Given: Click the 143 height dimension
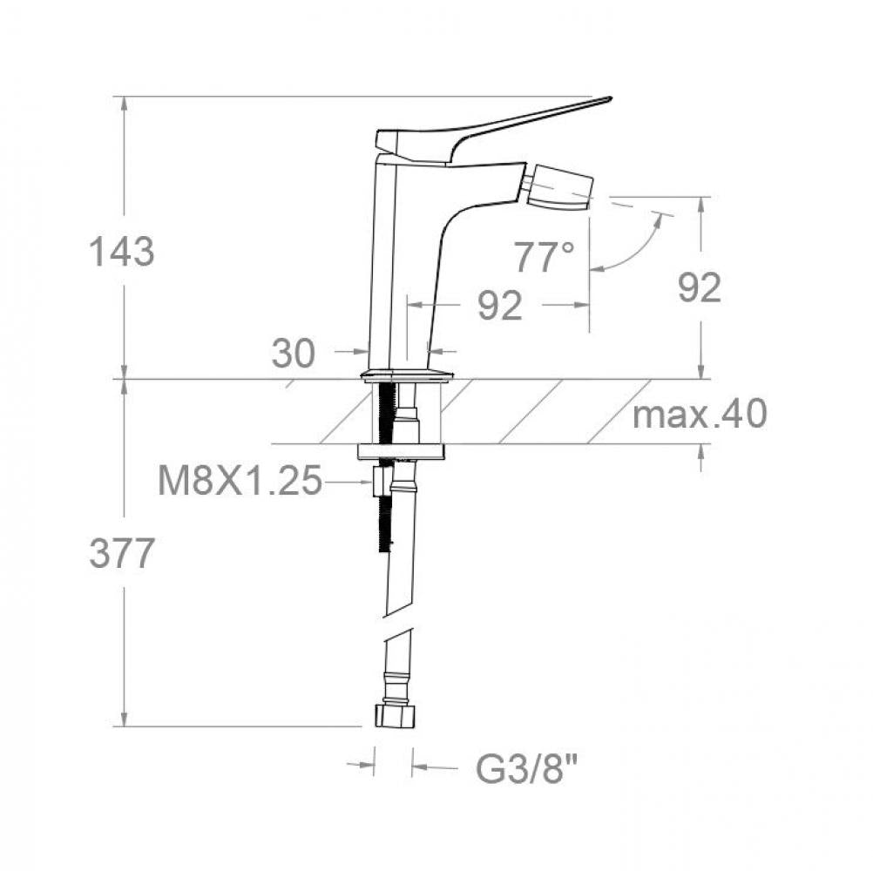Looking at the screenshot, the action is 121,252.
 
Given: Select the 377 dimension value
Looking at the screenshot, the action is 121,554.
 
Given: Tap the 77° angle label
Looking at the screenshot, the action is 544,257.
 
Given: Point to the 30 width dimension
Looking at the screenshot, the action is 294,353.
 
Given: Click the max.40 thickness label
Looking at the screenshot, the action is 700,414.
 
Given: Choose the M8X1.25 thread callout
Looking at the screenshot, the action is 240,480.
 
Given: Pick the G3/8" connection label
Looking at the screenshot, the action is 527,768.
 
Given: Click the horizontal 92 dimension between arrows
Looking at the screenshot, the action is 500,305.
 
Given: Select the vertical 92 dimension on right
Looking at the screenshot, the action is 700,287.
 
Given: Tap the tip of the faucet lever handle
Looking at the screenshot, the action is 611,99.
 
